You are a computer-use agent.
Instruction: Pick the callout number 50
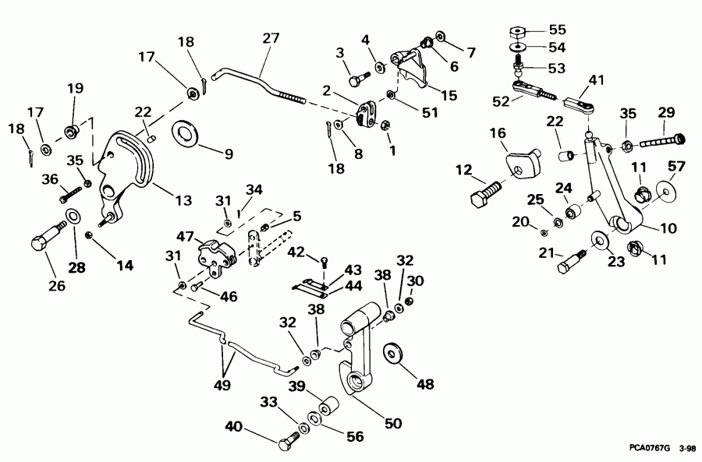(392, 424)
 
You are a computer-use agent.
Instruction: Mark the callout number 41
(596, 79)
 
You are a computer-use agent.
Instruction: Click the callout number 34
(253, 189)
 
